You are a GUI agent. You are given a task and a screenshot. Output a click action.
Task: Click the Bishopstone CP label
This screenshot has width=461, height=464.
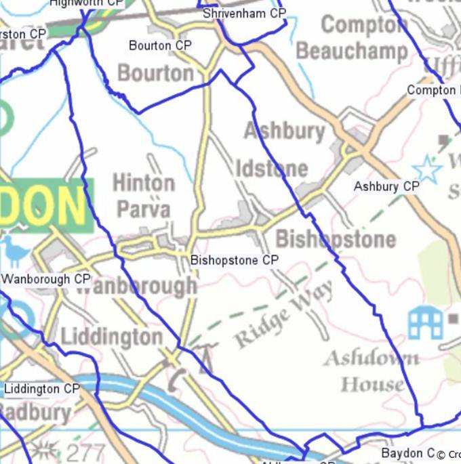pyautogui.click(x=235, y=260)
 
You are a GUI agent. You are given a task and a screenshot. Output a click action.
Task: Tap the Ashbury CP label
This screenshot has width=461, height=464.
pyautogui.click(x=386, y=186)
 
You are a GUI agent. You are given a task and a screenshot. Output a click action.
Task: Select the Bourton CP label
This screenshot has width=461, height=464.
pyautogui.click(x=160, y=46)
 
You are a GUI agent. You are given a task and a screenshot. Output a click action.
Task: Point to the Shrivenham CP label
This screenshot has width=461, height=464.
pyautogui.click(x=244, y=14)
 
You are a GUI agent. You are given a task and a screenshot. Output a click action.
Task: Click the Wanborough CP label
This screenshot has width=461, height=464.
pyautogui.click(x=46, y=279)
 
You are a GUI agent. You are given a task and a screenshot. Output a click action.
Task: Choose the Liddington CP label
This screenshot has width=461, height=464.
pyautogui.click(x=42, y=389)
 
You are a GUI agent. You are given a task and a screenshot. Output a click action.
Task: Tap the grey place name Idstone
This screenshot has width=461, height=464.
pyautogui.click(x=271, y=168)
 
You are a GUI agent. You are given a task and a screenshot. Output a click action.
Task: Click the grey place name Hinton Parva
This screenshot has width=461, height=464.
pyautogui.click(x=144, y=196)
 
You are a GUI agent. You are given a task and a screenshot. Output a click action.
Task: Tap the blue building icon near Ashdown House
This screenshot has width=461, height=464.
pyautogui.click(x=425, y=322)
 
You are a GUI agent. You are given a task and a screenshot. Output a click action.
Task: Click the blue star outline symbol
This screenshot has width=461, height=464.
pyautogui.click(x=427, y=169)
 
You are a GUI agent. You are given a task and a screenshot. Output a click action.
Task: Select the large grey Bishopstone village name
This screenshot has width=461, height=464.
pyautogui.click(x=336, y=239)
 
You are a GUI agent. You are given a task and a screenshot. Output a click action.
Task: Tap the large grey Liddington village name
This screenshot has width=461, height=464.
pyautogui.click(x=111, y=337)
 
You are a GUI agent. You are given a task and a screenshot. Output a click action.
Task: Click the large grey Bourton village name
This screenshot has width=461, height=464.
pyautogui.click(x=156, y=72)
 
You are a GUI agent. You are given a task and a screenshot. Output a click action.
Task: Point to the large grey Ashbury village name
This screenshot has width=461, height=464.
pyautogui.click(x=285, y=131)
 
